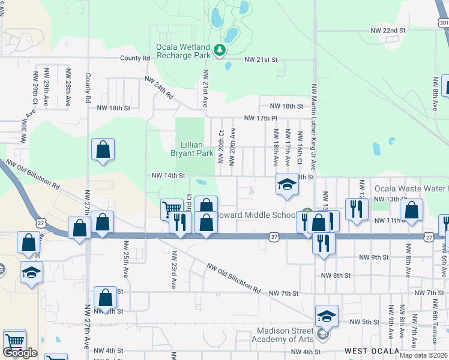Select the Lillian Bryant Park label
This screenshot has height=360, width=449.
[x=197, y=149]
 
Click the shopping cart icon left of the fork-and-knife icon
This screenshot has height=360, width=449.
[x=172, y=209]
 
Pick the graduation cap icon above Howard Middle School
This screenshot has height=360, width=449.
[x=287, y=184]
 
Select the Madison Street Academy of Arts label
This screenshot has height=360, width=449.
[x=285, y=335]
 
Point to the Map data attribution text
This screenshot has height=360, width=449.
[x=423, y=355]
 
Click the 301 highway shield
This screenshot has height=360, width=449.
[x=444, y=23]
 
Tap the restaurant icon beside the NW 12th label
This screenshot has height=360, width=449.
[x=357, y=209]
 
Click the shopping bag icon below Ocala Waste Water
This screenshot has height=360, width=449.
[x=412, y=210]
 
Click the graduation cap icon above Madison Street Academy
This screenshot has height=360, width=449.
[x=326, y=316]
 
